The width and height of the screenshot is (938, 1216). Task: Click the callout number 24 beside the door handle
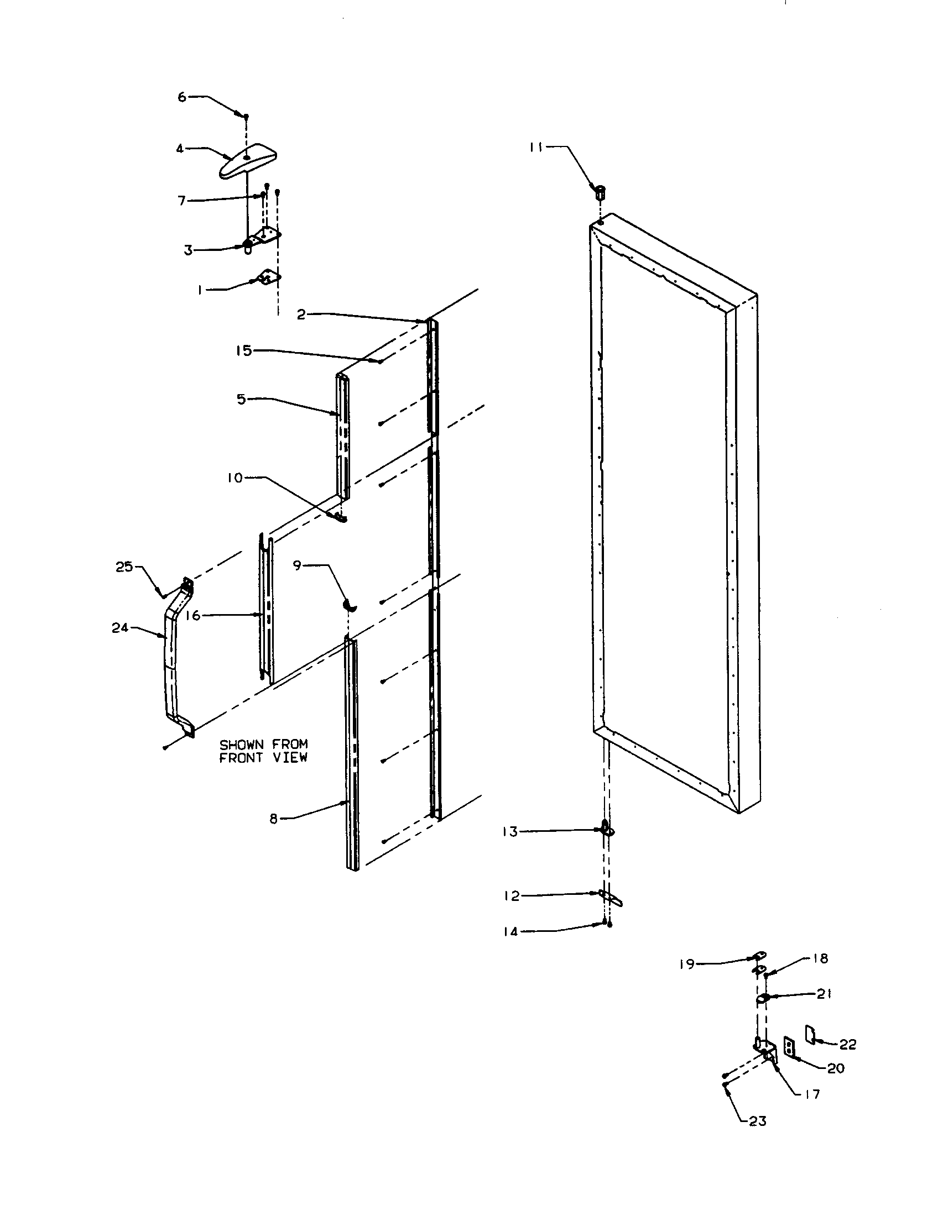[120, 628]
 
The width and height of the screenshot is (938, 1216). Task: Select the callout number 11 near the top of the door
[536, 148]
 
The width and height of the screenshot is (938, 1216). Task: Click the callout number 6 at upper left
[182, 97]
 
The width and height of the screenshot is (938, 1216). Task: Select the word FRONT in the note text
[239, 758]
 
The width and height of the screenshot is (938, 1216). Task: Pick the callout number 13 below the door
[510, 832]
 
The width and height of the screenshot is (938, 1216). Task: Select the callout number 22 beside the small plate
[848, 1045]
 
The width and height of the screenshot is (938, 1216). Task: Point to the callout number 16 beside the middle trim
[193, 616]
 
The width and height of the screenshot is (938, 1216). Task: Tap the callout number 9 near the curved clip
[297, 565]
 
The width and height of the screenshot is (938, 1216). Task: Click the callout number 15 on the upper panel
[243, 351]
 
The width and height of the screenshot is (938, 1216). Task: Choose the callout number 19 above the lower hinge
[687, 965]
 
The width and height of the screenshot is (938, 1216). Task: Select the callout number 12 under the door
[512, 896]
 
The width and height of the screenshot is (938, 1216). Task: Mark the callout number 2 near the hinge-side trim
[301, 315]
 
